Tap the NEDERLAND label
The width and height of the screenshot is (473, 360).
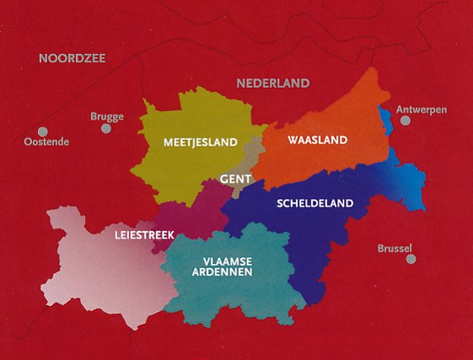click(x=272, y=83)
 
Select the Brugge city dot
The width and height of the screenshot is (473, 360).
click(x=106, y=129)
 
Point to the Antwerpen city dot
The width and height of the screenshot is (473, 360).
click(x=406, y=121)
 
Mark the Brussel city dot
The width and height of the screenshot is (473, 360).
click(x=411, y=259)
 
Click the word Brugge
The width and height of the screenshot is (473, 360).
click(x=107, y=116)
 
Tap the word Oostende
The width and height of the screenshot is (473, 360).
click(x=47, y=142)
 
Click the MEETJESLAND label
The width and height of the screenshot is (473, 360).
click(x=201, y=142)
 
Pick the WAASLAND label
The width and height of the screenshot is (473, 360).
click(x=317, y=140)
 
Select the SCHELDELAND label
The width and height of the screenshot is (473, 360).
click(x=314, y=203)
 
